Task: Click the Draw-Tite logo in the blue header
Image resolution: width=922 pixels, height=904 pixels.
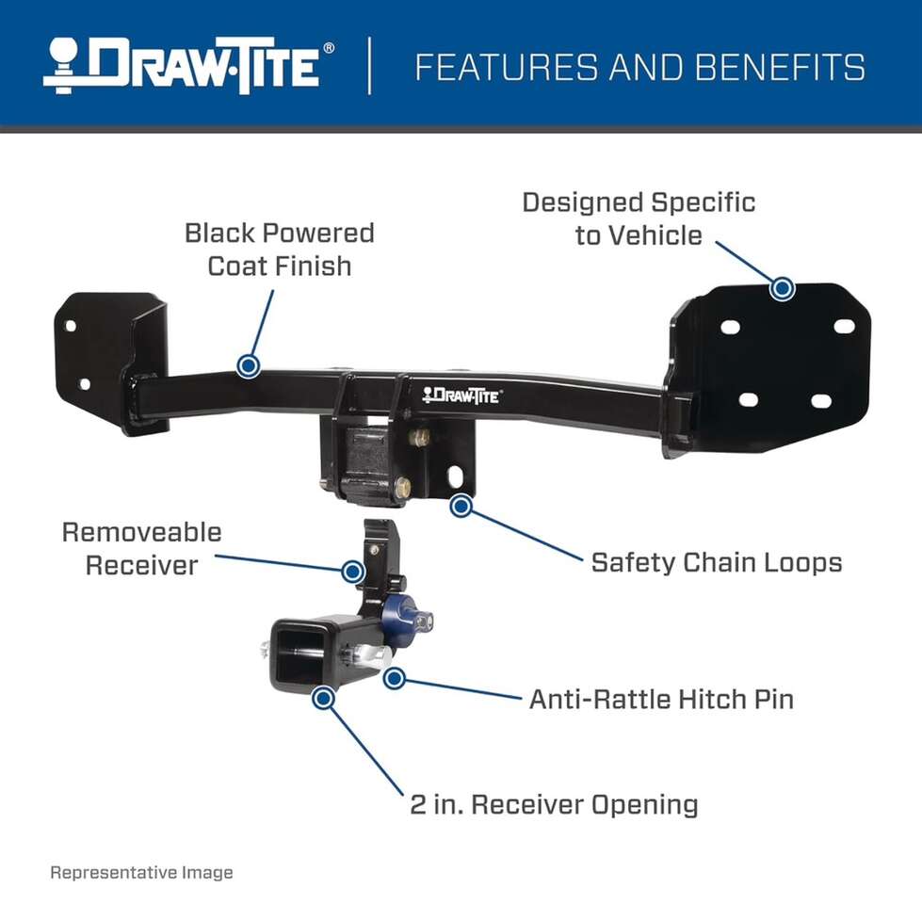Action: coord(188,66)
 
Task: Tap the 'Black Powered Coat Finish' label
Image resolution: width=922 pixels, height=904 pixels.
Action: coord(280,250)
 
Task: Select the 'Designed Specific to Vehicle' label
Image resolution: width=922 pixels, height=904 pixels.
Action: coord(639,218)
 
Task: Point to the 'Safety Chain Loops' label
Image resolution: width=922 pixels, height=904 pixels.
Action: coord(717,562)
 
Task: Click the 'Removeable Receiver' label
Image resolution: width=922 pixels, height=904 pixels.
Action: coord(141,548)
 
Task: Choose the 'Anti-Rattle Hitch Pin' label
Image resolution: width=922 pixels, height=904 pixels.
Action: coord(661,700)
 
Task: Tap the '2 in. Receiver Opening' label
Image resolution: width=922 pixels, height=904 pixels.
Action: coord(554,805)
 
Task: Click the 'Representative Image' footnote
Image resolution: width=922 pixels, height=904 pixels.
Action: coord(141,872)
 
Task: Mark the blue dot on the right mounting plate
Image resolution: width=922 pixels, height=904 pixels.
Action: coord(782,288)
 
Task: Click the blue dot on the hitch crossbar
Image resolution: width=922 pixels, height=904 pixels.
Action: coord(248,365)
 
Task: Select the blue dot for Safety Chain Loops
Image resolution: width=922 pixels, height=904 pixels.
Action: coord(461,506)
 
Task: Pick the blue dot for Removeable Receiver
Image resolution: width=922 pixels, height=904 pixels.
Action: coord(353,571)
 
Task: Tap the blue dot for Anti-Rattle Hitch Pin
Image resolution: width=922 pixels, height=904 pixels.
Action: coord(395,678)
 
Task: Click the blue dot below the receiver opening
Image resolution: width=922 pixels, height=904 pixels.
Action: coord(323,699)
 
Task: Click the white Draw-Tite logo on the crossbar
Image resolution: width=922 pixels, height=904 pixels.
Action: coord(461,395)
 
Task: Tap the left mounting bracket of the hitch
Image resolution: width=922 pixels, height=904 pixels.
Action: coord(109,363)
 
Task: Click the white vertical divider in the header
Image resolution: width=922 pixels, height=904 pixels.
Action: coord(369,65)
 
